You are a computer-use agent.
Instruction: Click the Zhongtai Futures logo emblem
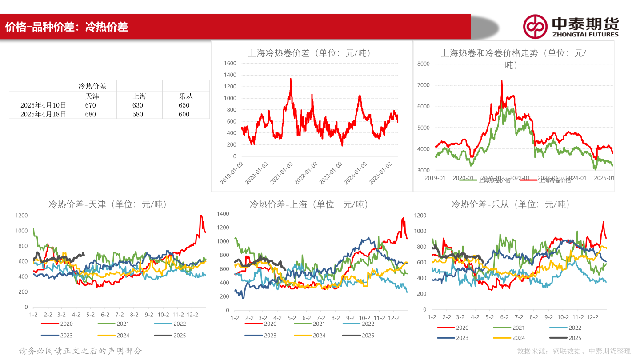click(x=535, y=27)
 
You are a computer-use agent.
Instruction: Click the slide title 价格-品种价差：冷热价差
click(x=67, y=27)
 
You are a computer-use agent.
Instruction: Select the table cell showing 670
click(x=91, y=105)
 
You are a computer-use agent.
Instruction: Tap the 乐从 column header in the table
click(x=186, y=96)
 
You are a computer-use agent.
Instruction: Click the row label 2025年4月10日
click(x=44, y=105)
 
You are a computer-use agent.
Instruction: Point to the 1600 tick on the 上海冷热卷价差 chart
click(x=230, y=63)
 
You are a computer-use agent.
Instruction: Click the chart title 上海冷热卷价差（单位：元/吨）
click(x=309, y=53)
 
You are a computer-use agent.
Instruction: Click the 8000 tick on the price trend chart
click(x=424, y=64)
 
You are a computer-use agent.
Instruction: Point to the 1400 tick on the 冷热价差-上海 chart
click(x=223, y=214)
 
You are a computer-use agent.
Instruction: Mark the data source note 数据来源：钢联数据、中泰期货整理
click(x=574, y=351)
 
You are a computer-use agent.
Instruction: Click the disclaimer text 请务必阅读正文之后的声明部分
click(x=81, y=351)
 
